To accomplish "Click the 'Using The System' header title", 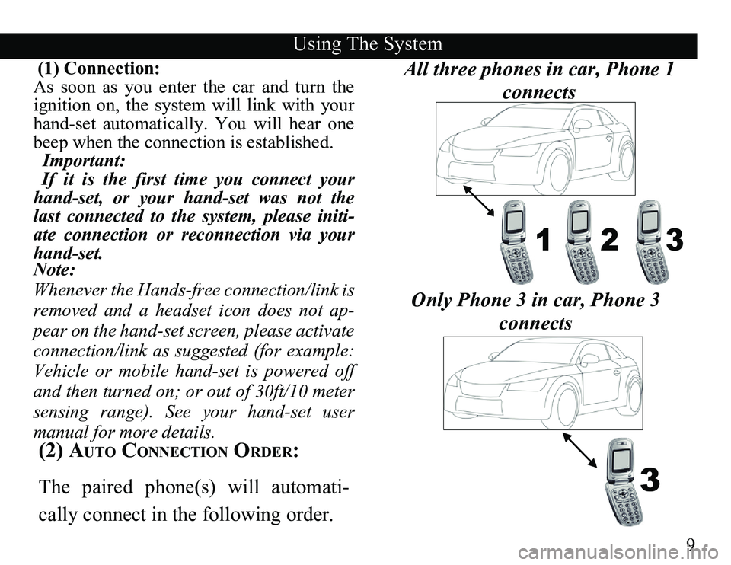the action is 367,44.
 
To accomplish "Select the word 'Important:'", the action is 84,161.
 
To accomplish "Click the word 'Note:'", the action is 55,270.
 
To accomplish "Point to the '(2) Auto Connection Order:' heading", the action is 168,452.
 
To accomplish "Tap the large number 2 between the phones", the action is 609,240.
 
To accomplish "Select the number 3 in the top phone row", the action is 674,240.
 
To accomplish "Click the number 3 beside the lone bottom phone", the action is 650,480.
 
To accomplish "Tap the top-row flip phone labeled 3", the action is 647,241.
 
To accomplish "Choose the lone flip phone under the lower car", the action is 624,482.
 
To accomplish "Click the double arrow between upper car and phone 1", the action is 479,200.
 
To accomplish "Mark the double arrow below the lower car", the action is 579,450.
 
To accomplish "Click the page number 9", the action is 691,544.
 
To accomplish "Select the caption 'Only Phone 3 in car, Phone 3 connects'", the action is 535,311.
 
